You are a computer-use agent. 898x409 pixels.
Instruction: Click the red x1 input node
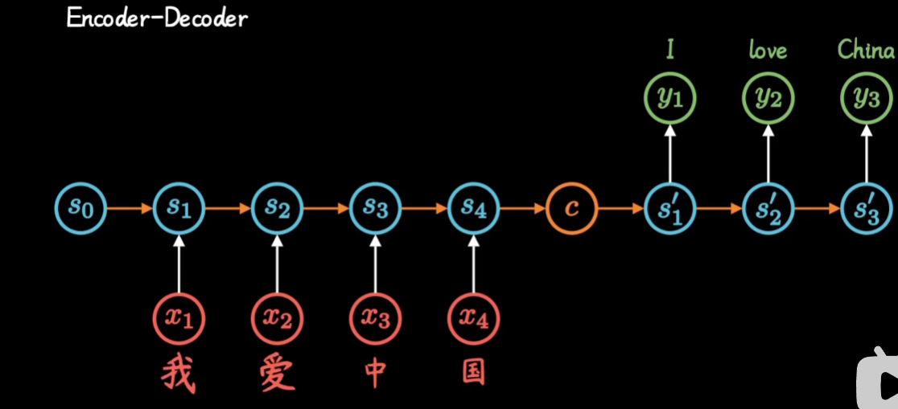click(x=179, y=319)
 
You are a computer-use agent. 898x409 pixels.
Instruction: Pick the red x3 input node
click(x=375, y=319)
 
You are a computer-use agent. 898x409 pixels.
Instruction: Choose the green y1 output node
click(x=670, y=98)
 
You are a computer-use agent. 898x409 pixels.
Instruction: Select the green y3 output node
click(x=867, y=98)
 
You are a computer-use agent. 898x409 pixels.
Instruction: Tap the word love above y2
click(x=768, y=51)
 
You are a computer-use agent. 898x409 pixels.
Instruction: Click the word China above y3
click(x=866, y=50)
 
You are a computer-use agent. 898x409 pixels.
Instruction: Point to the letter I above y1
click(x=670, y=51)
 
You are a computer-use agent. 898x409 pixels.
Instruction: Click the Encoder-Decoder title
click(x=157, y=18)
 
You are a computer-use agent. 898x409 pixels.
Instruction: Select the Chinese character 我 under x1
click(x=179, y=374)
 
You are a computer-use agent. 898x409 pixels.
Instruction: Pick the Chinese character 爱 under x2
click(x=277, y=374)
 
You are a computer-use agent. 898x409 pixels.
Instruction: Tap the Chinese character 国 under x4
click(x=473, y=372)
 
